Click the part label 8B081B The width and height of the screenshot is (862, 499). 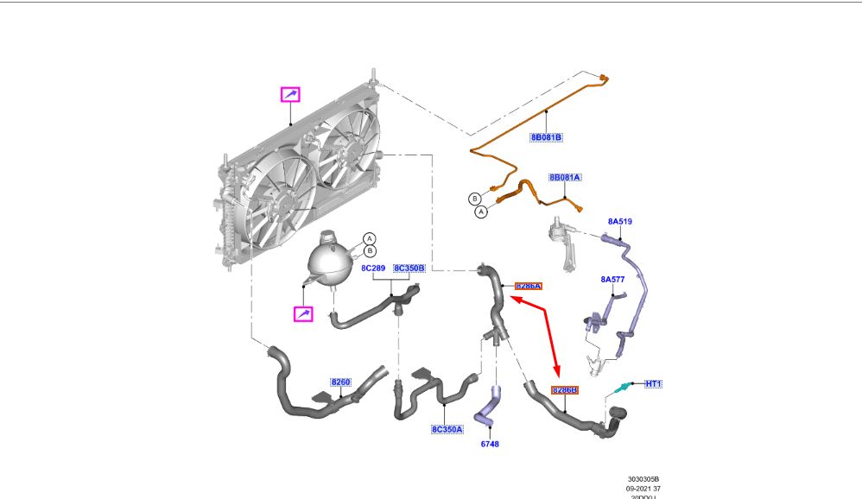(x=546, y=137)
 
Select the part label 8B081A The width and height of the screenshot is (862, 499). (x=565, y=178)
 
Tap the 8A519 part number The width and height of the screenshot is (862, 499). (x=619, y=222)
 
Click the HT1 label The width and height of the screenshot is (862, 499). (x=653, y=383)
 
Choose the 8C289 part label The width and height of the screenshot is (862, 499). (x=373, y=268)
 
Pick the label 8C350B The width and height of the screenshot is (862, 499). (x=409, y=268)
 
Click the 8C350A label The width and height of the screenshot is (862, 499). (x=447, y=428)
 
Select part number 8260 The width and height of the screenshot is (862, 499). (x=340, y=382)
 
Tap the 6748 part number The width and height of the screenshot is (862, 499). (x=490, y=444)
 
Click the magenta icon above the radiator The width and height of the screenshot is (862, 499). (x=290, y=94)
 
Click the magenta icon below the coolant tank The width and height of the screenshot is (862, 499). (x=303, y=314)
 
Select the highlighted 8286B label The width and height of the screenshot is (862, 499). (x=564, y=390)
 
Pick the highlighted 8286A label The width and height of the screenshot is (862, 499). (x=528, y=286)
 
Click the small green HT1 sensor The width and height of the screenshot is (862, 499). (x=620, y=390)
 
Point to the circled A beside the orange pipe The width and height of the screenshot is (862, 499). (x=481, y=211)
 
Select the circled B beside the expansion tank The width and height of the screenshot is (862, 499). (x=369, y=251)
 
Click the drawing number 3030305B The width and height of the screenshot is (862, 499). (x=643, y=479)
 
